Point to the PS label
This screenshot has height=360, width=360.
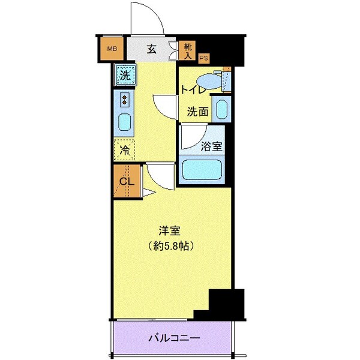point(204,58)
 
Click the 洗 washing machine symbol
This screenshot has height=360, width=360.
point(125,76)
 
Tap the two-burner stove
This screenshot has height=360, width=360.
point(125,99)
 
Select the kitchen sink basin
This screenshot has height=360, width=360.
point(124,122)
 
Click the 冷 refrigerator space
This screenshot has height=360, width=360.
point(125,149)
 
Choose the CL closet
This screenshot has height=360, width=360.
point(126,182)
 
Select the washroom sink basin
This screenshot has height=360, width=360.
point(221,109)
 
